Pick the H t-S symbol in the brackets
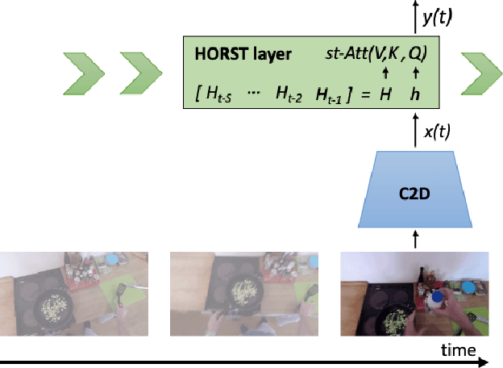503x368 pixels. [216, 94]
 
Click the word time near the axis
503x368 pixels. [457, 349]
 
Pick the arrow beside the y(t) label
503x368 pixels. [416, 16]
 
